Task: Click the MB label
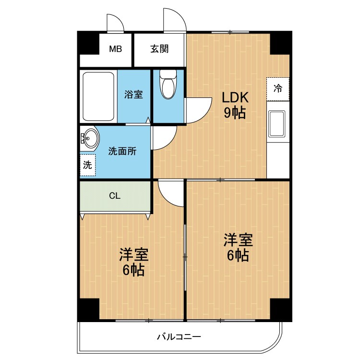coord(115,48)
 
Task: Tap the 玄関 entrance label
coord(159,48)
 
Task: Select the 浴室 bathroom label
coord(133,95)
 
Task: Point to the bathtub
coord(98,96)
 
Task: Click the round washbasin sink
coord(89,138)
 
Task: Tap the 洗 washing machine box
coord(87,166)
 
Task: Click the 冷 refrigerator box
coord(278,88)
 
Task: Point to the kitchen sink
coord(277,123)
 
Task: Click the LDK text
coord(235,97)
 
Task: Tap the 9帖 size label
coord(235,113)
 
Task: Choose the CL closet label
coord(115,196)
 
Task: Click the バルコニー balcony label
coord(178,336)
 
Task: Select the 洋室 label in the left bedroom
coord(133,254)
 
